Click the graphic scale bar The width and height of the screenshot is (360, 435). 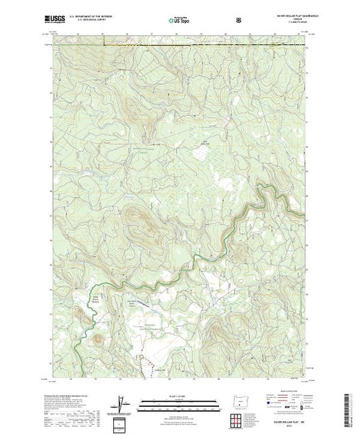tap(178, 401)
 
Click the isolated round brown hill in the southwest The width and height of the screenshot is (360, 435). tap(100, 339)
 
